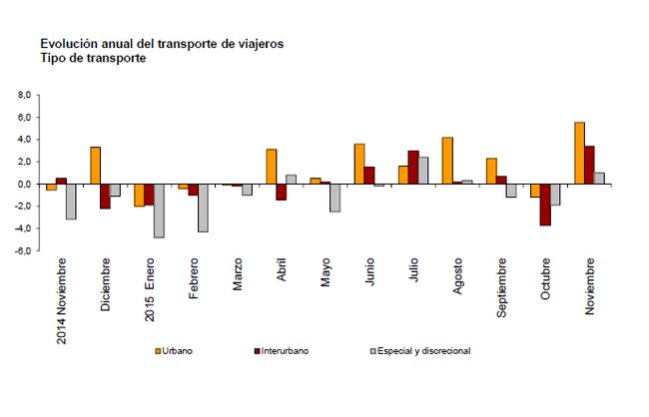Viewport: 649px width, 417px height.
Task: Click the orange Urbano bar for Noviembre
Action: [x=579, y=153]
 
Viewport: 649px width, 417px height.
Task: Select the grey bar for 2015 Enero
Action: [x=159, y=210]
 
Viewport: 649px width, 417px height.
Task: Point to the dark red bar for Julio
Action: [x=413, y=168]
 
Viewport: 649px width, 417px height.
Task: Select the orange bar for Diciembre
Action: [x=95, y=166]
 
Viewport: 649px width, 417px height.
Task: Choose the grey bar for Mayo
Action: [x=334, y=198]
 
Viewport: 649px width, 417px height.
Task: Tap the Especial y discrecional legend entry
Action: [x=419, y=351]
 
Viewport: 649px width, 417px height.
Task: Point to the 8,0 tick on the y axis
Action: [x=24, y=95]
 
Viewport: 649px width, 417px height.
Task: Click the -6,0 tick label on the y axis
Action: [x=22, y=250]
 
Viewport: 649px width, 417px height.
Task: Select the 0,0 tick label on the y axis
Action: [x=24, y=184]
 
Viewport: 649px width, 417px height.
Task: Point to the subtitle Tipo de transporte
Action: [x=94, y=59]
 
